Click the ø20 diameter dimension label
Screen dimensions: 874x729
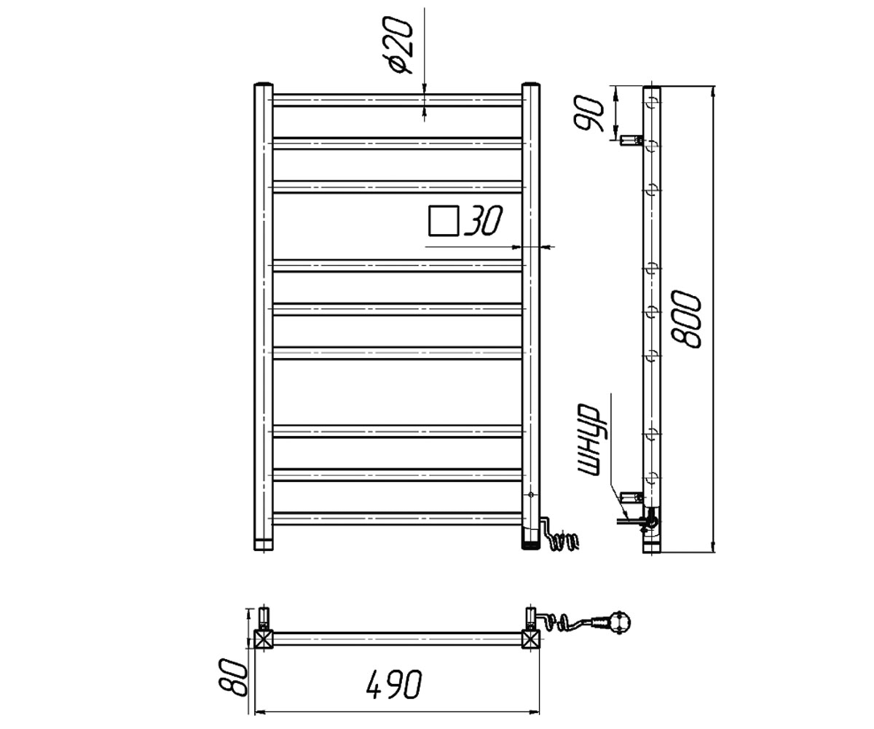(x=397, y=45)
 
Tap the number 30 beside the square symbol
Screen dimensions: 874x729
(x=483, y=220)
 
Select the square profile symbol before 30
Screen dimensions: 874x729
(x=444, y=220)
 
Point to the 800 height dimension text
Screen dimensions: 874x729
(x=685, y=319)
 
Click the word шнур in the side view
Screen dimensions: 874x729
(x=588, y=440)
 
